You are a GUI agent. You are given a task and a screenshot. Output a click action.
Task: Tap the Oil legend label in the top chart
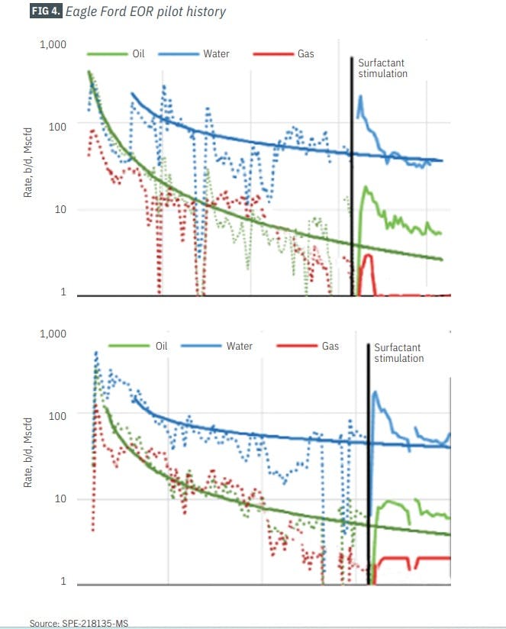pyautogui.click(x=138, y=54)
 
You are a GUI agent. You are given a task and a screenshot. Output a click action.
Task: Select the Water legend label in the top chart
pyautogui.click(x=216, y=54)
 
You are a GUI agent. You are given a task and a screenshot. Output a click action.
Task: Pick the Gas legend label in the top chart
pyautogui.click(x=305, y=54)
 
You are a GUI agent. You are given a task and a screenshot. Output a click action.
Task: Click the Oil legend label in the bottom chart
pyautogui.click(x=161, y=346)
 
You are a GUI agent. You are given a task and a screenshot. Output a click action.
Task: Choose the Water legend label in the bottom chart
pyautogui.click(x=239, y=346)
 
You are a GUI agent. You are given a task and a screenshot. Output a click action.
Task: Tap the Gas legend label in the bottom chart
pyautogui.click(x=330, y=346)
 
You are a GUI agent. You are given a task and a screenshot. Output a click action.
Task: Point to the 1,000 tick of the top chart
pyautogui.click(x=53, y=45)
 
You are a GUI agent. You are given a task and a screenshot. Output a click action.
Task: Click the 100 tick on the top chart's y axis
pyautogui.click(x=57, y=126)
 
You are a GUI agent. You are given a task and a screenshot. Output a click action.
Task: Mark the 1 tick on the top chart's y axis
pyautogui.click(x=63, y=292)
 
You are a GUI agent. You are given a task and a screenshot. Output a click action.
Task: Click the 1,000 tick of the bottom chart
pyautogui.click(x=53, y=334)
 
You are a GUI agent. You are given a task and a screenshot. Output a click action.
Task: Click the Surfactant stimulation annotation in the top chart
pyautogui.click(x=382, y=69)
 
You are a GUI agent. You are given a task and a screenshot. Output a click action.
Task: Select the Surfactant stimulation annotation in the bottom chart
pyautogui.click(x=398, y=352)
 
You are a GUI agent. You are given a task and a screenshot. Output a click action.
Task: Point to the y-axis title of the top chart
pyautogui.click(x=28, y=169)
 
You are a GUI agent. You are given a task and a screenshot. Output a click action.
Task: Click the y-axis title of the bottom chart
pyautogui.click(x=28, y=458)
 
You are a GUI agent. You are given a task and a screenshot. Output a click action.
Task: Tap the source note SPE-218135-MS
pyautogui.click(x=74, y=623)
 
